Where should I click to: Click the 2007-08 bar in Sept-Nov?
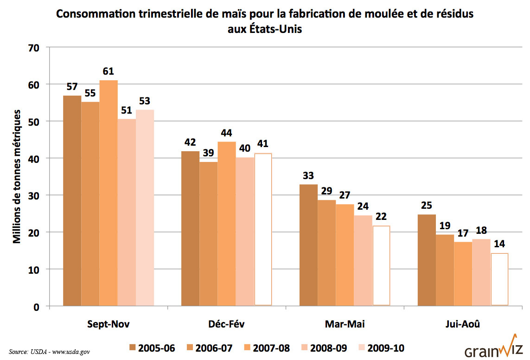click(x=109, y=193)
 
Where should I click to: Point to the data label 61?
click(x=109, y=71)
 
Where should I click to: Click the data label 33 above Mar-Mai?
click(x=308, y=176)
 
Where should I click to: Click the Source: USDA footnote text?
click(x=49, y=352)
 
